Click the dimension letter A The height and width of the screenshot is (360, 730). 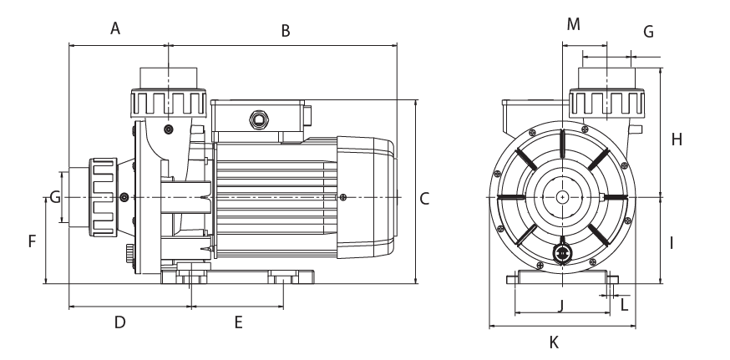point(116,29)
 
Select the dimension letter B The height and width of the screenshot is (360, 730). point(285,32)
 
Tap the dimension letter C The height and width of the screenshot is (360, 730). point(424,199)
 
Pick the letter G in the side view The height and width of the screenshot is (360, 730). point(54,198)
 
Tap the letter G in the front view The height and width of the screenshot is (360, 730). point(648,32)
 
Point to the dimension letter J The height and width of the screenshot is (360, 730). point(561,304)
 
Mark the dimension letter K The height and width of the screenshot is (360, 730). point(554,342)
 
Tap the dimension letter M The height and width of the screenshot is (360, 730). point(573,24)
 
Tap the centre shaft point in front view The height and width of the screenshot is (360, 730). point(563,197)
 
